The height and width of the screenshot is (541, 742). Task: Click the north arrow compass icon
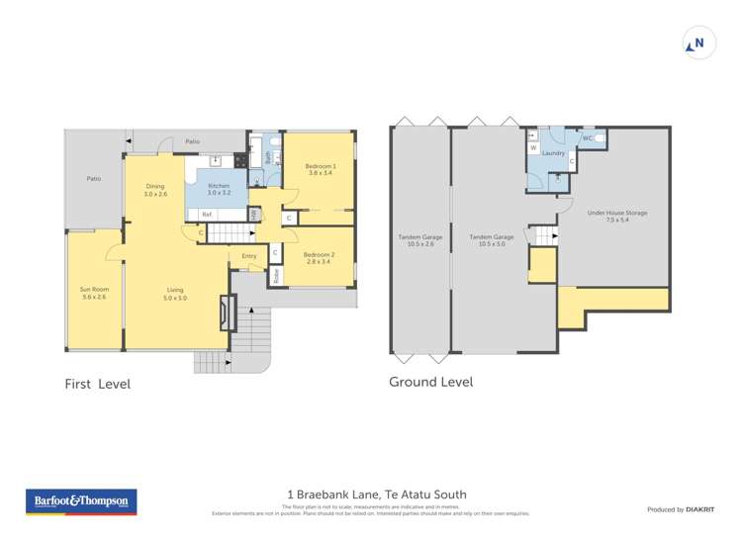698,44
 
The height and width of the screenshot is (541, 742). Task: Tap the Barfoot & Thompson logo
82,502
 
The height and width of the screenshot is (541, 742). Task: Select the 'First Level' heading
97,384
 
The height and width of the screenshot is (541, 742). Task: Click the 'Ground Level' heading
430,381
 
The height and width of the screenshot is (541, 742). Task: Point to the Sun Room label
95,293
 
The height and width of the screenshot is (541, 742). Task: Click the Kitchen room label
219,190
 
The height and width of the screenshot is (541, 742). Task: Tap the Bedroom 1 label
320,169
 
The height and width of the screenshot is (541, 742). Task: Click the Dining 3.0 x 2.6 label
155,190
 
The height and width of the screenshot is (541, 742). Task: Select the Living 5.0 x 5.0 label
175,294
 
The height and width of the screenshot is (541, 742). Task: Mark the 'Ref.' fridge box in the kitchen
208,215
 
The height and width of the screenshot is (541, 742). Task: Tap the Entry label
248,256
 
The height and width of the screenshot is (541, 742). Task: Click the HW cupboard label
254,215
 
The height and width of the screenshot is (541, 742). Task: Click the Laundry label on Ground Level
553,153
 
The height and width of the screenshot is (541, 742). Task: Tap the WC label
587,138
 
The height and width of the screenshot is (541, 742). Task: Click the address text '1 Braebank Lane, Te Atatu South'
376,495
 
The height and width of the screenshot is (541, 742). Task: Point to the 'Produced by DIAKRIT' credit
681,509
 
